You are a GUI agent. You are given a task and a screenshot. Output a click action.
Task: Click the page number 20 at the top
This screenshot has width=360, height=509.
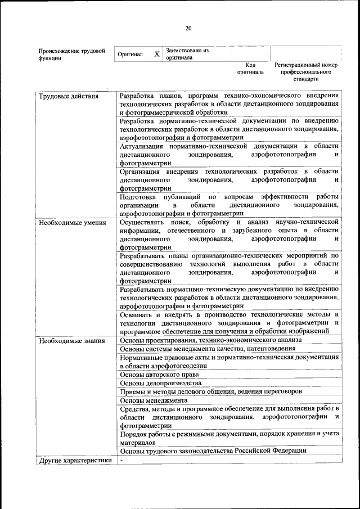coord(188,29)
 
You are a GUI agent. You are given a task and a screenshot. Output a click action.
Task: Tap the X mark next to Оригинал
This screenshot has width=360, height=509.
coord(157,55)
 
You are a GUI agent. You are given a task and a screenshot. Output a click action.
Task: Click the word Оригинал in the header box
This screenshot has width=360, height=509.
coord(130,55)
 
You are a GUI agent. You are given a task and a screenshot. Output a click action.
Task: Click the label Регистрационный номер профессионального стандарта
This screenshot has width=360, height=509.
coord(305,72)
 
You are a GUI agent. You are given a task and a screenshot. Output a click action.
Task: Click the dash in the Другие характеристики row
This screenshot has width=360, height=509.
coord(121,461)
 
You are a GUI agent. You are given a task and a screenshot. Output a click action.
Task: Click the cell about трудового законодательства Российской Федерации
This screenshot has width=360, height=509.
coord(214,451)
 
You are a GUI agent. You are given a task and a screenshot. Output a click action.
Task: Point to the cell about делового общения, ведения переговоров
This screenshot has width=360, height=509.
coord(211,391)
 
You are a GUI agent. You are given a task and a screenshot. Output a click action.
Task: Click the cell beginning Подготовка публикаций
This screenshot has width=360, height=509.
coord(228,205)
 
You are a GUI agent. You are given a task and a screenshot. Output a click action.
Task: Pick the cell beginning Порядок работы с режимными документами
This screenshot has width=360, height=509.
coord(228,438)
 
